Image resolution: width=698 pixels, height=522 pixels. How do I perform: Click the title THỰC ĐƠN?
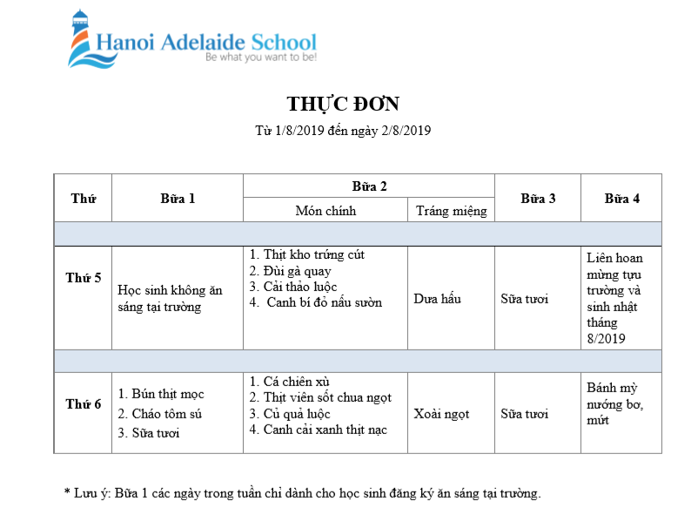(x=343, y=105)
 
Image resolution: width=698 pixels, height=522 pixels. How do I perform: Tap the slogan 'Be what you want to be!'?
(x=260, y=58)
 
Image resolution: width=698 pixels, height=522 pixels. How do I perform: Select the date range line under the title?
(x=343, y=132)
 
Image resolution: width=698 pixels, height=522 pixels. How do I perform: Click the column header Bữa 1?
(x=178, y=199)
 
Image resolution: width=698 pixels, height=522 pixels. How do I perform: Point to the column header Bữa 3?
(x=538, y=199)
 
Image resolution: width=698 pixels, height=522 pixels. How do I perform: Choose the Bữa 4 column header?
(x=621, y=199)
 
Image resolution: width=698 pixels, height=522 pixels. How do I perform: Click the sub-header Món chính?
(x=326, y=211)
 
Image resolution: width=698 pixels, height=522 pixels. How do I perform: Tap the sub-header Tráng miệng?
(x=451, y=211)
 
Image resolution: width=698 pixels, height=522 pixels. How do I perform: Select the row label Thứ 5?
(x=84, y=278)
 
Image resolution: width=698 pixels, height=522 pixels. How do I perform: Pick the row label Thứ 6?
(x=84, y=404)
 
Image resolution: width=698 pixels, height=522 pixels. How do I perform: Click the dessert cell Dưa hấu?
(x=437, y=299)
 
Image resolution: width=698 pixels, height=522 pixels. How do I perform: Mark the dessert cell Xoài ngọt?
(x=441, y=414)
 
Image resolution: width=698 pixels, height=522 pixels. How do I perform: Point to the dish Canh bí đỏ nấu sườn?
(x=319, y=302)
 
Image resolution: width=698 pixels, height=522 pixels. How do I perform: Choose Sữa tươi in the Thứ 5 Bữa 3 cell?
(x=524, y=299)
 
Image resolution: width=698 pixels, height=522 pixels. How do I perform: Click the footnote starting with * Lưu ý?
(x=303, y=493)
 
